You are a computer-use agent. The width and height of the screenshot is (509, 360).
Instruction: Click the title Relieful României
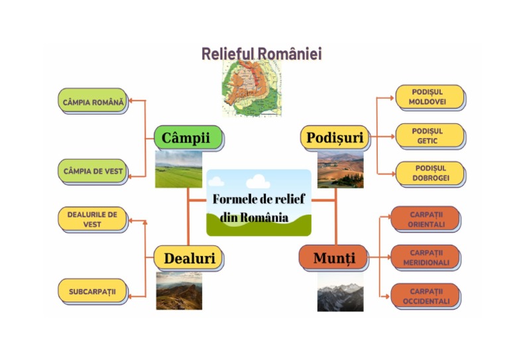(261, 54)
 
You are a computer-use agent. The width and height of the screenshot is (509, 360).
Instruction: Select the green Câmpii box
(187, 138)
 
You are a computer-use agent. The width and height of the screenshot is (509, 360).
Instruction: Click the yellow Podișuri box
(335, 138)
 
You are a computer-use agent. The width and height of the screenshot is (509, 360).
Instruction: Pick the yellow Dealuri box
(188, 258)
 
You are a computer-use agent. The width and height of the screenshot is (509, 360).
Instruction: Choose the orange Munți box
(335, 257)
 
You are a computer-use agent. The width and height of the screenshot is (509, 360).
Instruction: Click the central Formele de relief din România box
(258, 203)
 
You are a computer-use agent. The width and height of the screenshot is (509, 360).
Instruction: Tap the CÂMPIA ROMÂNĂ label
(93, 102)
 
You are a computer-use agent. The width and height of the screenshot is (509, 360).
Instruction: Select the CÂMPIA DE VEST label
(93, 171)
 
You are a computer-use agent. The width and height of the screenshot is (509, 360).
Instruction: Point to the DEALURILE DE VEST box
(92, 219)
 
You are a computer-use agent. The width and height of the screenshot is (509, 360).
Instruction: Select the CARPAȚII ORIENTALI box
(425, 219)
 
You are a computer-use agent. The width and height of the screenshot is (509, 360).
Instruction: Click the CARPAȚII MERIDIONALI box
(425, 257)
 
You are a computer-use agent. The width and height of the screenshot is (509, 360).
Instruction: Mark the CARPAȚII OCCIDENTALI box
(425, 296)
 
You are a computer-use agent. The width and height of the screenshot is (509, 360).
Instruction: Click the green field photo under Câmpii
(179, 169)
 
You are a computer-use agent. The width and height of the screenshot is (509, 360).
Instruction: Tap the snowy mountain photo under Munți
(340, 292)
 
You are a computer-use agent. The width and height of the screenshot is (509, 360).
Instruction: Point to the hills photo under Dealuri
(179, 291)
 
